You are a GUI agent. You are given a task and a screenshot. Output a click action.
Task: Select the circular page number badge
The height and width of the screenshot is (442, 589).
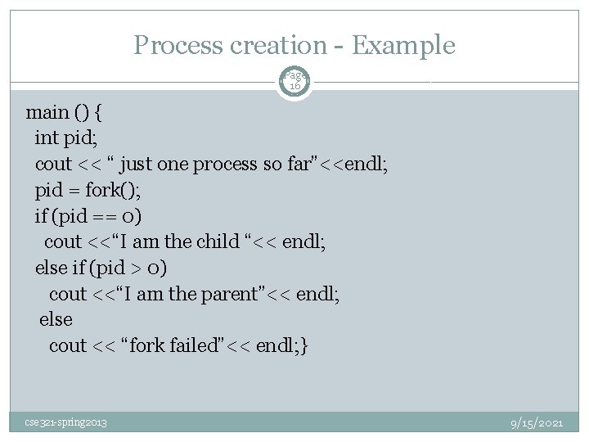point(294,79)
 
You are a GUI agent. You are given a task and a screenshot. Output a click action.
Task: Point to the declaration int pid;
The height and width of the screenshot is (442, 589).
point(70,138)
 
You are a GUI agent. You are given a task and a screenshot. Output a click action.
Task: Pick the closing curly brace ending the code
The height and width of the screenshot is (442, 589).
point(304,345)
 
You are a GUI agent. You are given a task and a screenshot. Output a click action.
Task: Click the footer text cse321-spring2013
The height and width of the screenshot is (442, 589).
point(65,422)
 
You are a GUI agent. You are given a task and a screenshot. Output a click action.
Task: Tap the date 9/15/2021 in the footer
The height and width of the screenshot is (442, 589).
point(536,422)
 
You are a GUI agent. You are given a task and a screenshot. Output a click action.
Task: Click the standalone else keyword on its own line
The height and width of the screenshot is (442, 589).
point(56,319)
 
